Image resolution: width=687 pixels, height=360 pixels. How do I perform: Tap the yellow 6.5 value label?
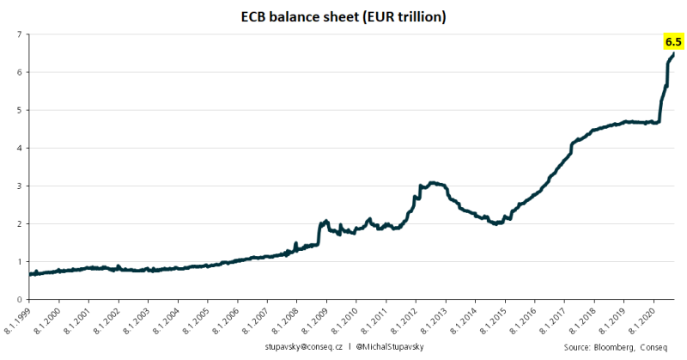click(x=672, y=41)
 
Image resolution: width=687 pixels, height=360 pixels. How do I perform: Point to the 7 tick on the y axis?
click(x=18, y=34)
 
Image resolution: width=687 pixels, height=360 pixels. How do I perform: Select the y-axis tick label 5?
click(x=18, y=110)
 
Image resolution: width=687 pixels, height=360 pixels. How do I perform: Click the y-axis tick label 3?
click(x=18, y=186)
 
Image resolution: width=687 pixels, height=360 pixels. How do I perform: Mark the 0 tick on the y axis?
click(x=18, y=299)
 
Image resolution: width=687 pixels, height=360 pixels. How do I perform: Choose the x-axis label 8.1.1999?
click(x=17, y=320)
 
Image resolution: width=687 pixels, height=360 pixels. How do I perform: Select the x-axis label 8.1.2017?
click(x=551, y=320)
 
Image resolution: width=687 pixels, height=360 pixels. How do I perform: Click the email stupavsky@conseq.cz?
click(x=303, y=346)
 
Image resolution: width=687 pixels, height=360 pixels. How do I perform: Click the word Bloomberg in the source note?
click(x=612, y=346)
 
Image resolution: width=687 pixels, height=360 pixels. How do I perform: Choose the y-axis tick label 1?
click(x=18, y=261)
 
